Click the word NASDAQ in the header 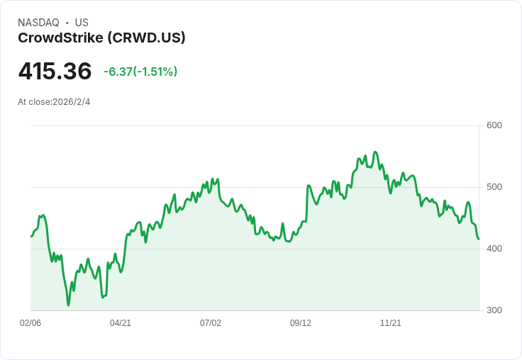click(38, 23)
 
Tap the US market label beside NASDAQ click(82, 23)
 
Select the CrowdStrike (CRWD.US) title click(101, 38)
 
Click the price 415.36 click(55, 72)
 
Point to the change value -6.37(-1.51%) click(140, 72)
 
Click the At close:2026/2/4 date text click(54, 102)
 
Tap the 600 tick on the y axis click(494, 125)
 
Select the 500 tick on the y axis click(494, 187)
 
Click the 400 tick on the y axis click(494, 249)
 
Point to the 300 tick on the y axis click(494, 310)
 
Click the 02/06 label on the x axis click(30, 323)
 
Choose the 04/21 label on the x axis click(121, 323)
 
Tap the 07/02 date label click(211, 323)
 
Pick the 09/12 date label click(301, 323)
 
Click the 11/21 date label click(391, 323)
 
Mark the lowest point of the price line click(69, 305)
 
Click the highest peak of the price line click(375, 152)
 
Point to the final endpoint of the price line click(479, 239)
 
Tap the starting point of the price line click(31, 236)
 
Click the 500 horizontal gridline click(255, 187)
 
